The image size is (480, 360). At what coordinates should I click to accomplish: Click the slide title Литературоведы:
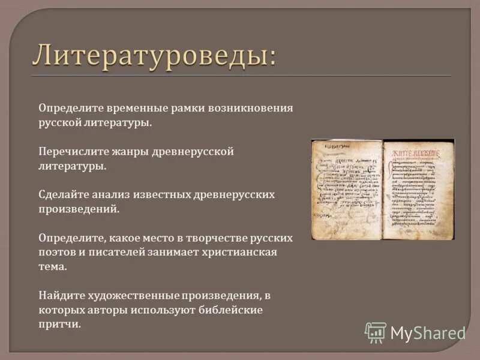tap(155, 55)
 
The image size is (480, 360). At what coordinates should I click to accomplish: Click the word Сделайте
tap(63, 195)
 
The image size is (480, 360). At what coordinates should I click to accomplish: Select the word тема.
tap(53, 267)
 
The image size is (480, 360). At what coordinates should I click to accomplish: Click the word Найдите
tap(61, 296)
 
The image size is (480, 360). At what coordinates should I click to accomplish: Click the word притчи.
tap(59, 325)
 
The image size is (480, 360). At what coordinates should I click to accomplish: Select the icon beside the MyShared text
tap(376, 332)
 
